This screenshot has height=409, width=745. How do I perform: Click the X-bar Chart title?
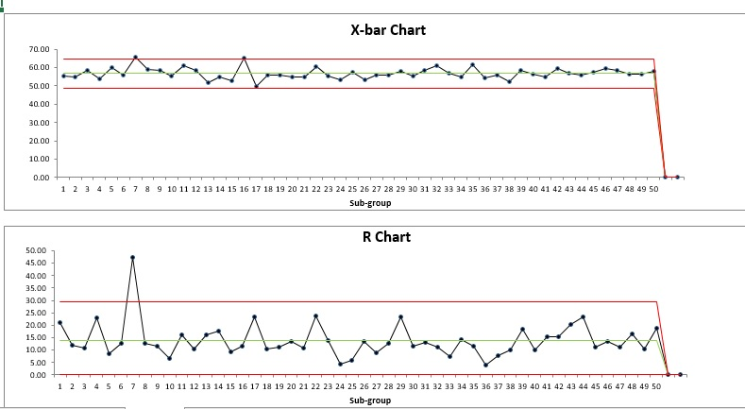pos(388,30)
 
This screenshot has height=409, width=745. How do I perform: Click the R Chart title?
pos(387,237)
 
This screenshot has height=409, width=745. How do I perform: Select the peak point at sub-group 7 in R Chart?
pos(132,257)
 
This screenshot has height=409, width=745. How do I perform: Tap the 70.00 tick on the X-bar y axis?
pos(39,49)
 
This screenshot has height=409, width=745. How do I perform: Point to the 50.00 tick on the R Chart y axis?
pos(35,251)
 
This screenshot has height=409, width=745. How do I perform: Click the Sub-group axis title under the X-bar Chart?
pos(372,202)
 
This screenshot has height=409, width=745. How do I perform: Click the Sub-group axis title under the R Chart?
pos(369,400)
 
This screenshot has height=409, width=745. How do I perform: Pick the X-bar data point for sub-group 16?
pos(244,59)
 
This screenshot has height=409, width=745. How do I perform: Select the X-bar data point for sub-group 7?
pos(135,58)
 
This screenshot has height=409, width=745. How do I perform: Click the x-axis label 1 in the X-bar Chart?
pos(63,189)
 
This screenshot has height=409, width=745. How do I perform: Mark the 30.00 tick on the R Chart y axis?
pos(35,300)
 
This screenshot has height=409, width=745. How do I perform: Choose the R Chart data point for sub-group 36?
pos(485,365)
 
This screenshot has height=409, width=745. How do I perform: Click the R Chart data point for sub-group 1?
pos(59,322)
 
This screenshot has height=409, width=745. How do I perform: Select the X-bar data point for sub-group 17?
pos(256,86)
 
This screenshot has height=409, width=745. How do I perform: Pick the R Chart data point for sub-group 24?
pos(340,364)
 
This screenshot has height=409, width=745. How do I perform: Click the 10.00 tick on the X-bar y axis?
pos(39,159)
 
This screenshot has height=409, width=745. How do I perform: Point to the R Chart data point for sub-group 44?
pos(583,317)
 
